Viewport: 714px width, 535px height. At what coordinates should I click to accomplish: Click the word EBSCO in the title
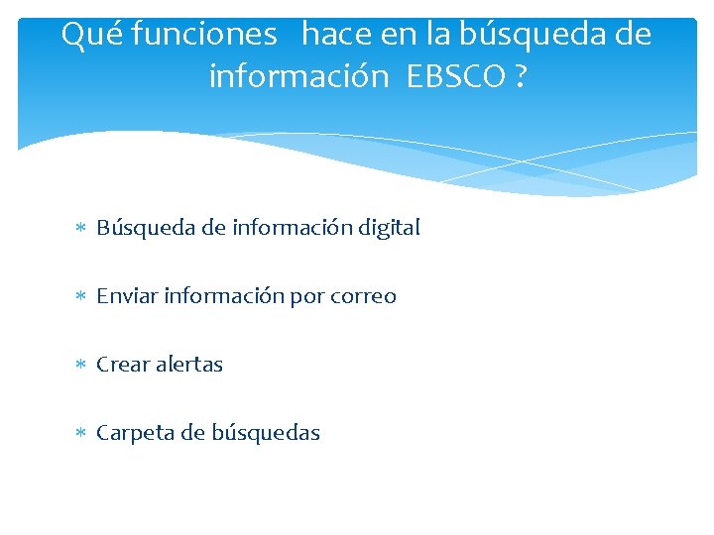point(456,75)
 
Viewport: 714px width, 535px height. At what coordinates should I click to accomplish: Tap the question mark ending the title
point(521,75)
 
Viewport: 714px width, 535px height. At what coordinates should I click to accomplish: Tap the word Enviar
point(128,296)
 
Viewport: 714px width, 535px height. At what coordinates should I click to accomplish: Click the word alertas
point(187,365)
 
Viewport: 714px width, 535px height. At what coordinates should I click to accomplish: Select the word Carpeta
point(133,433)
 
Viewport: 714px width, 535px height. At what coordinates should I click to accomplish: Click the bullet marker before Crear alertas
point(81,365)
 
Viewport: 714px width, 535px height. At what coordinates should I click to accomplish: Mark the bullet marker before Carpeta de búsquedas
point(81,433)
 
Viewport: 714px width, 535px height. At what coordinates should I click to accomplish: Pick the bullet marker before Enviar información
point(81,296)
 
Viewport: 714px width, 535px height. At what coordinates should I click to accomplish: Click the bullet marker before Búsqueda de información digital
point(81,228)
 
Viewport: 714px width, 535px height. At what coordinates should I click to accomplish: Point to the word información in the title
point(298,75)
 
